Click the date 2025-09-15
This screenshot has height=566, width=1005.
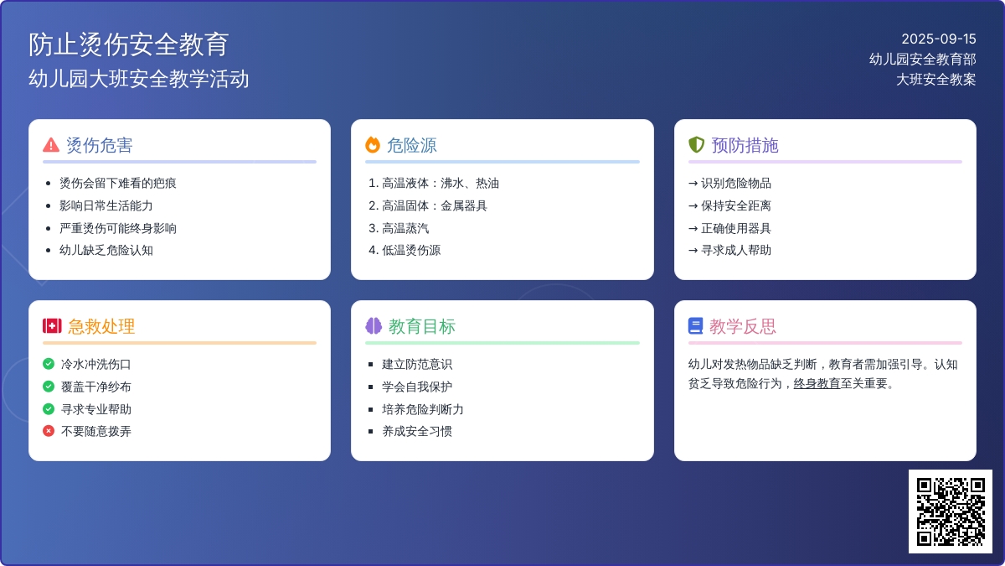(x=939, y=39)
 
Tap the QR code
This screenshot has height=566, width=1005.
(x=951, y=511)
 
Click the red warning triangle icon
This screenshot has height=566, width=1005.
(x=51, y=145)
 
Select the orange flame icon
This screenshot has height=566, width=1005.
(x=373, y=144)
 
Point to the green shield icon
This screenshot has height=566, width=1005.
(x=696, y=144)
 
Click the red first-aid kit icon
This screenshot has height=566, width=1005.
(x=52, y=326)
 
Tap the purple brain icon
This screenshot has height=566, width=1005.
(x=374, y=326)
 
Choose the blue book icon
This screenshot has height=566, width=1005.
(x=695, y=326)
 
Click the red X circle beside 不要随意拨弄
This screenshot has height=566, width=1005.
(x=49, y=431)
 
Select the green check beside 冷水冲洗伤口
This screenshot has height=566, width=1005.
(x=49, y=364)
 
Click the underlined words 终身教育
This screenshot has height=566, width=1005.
(x=817, y=384)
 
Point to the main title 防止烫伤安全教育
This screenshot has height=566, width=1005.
(x=129, y=44)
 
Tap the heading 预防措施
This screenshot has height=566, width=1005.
(x=745, y=145)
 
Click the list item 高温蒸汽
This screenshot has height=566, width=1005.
(x=405, y=228)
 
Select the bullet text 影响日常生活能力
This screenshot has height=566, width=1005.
(x=106, y=205)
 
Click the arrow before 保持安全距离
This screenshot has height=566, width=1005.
(x=693, y=206)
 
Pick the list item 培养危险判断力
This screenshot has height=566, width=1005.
(x=423, y=409)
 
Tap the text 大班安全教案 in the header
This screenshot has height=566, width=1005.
(x=936, y=80)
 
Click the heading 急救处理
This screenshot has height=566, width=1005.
(x=101, y=326)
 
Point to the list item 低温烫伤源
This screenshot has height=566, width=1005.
(x=411, y=250)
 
